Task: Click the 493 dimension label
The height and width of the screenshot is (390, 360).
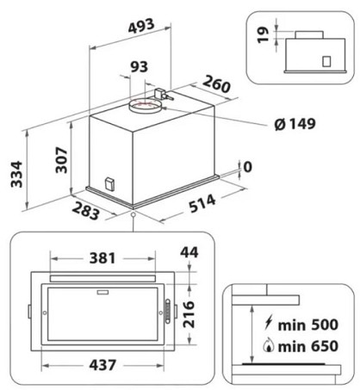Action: point(141,26)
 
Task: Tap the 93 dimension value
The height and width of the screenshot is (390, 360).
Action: point(140,67)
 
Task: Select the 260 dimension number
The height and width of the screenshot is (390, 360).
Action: point(216,84)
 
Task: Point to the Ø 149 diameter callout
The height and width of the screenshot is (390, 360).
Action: point(295,124)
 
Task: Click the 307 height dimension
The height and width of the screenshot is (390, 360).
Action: point(61,160)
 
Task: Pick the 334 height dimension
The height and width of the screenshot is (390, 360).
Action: point(16,174)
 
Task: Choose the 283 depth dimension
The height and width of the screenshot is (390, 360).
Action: point(86,211)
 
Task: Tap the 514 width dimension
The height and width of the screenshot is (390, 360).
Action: point(202,203)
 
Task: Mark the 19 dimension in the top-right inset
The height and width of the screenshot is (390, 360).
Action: point(263,35)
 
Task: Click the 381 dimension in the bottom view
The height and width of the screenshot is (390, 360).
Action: point(102,258)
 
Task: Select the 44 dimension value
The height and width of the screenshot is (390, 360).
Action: point(189,252)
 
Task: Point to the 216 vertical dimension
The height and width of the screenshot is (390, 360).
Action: point(189,314)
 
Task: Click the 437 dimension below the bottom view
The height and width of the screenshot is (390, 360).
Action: point(102,365)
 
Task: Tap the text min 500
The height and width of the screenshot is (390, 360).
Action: point(308,325)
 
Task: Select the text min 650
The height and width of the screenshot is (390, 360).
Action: point(308,346)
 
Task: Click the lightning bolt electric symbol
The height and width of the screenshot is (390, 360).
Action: point(269,323)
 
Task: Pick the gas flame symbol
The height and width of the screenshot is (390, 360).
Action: point(269,345)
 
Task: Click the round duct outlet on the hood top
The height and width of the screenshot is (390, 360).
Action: point(145,106)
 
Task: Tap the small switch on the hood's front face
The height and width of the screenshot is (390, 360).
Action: point(109,184)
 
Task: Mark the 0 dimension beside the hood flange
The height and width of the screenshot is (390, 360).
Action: point(247,167)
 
